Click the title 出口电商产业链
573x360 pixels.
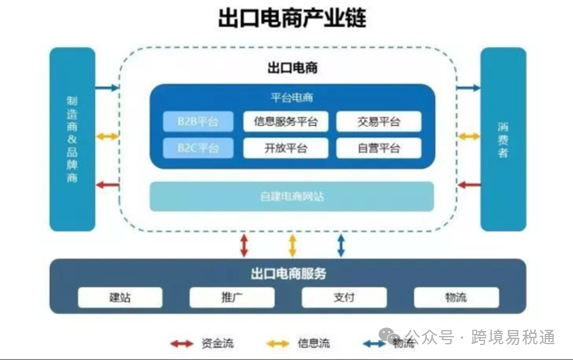[287, 18]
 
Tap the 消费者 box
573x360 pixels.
[503, 140]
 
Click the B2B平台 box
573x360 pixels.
[198, 122]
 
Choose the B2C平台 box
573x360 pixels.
[198, 148]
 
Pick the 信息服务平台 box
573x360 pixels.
[286, 122]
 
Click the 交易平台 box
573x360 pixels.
[379, 122]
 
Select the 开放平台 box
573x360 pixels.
[286, 148]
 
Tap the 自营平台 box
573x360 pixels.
[379, 148]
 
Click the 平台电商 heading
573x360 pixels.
[292, 98]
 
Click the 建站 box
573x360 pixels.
[120, 298]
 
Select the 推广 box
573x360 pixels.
[232, 298]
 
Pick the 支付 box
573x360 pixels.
[344, 298]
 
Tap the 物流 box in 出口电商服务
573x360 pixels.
[455, 298]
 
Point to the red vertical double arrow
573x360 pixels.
[245, 243]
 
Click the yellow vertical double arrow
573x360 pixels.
[292, 243]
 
